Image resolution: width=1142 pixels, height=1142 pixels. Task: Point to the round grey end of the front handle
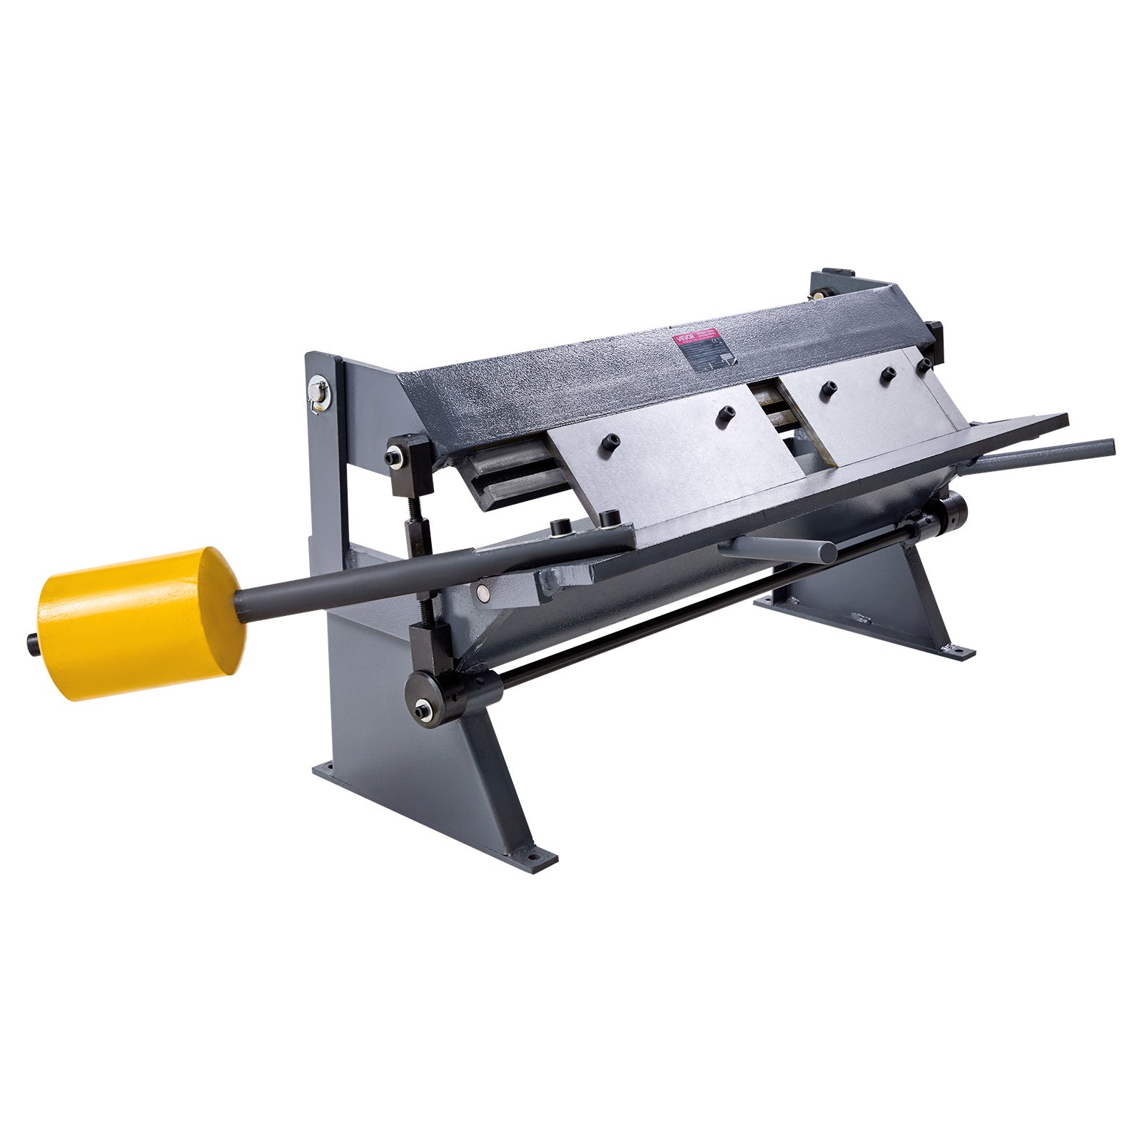[x=828, y=551]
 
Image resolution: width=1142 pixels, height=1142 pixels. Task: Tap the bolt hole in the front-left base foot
[x=532, y=852]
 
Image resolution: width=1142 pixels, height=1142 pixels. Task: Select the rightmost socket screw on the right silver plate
[x=923, y=365]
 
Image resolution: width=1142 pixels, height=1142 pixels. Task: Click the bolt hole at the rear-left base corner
[x=328, y=768]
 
